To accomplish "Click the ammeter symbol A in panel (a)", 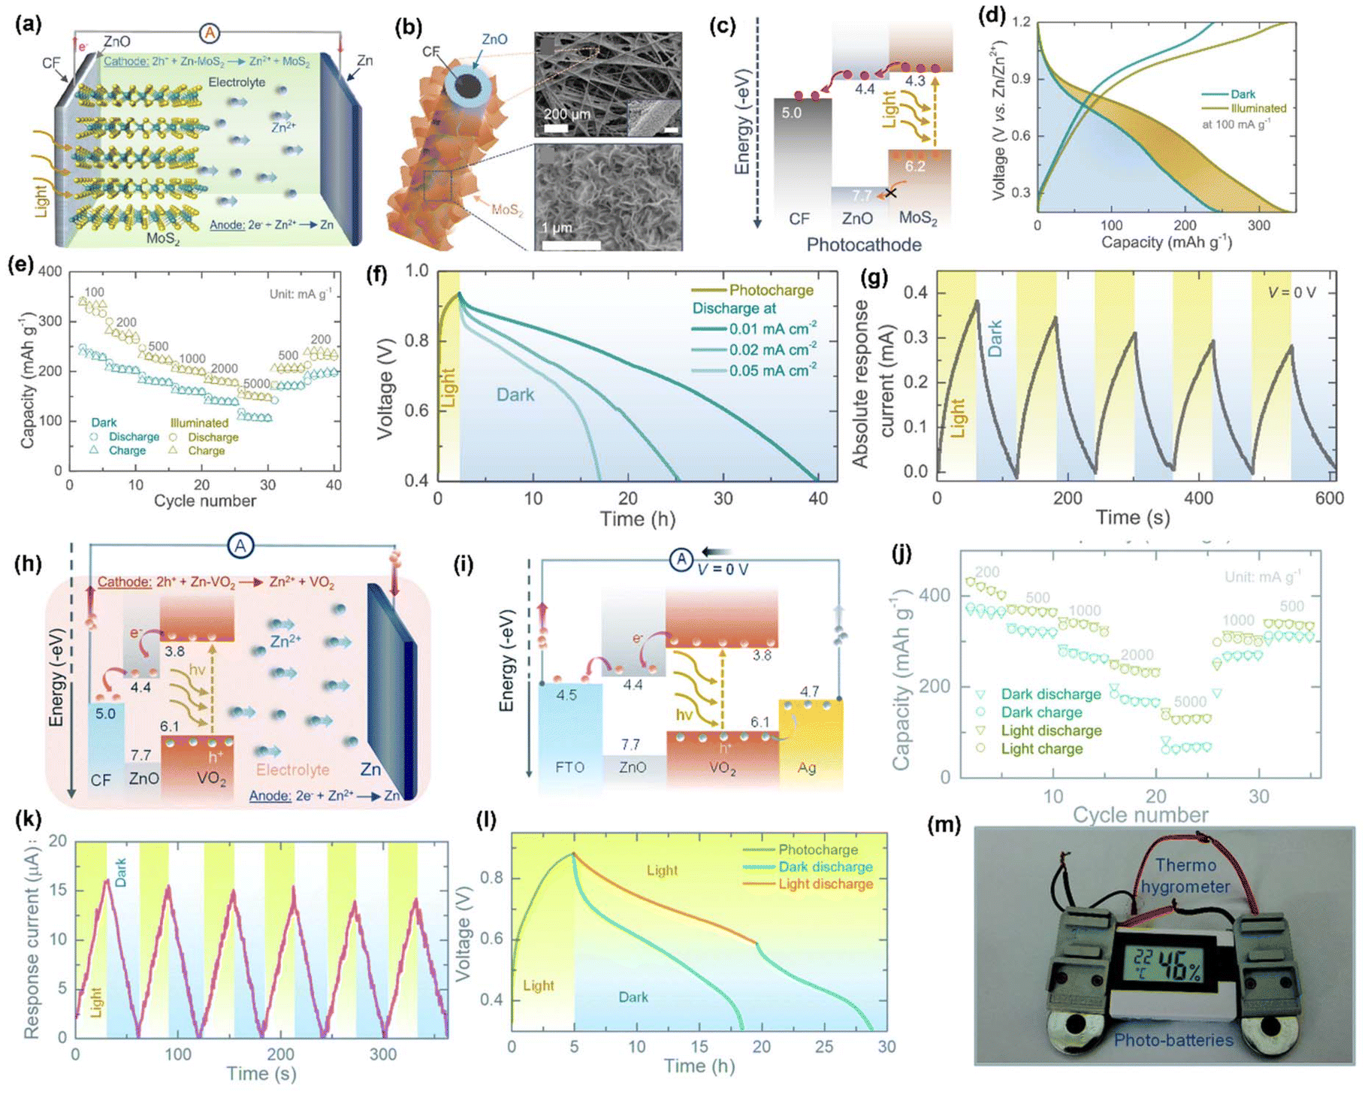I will point(210,33).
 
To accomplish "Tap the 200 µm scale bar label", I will point(567,114).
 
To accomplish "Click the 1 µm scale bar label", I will point(557,227).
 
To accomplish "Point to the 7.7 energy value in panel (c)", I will point(861,195).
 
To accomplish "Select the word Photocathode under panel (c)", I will point(863,244).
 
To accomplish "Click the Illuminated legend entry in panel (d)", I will point(1258,108).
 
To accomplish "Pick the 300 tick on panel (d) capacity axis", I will point(1258,225).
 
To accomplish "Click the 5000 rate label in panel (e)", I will point(256,383).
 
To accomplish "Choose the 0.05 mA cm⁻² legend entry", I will point(772,371).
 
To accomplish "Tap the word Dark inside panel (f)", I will point(515,394).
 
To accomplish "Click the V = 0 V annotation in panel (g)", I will point(1291,292).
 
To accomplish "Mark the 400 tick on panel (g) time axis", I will point(1198,498).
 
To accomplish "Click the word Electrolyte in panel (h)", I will point(292,770).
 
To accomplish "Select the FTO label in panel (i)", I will point(569,767).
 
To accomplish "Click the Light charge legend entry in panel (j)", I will point(1041,749).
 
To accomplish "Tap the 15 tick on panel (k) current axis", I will point(58,891).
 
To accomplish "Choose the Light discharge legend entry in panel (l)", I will point(825,884).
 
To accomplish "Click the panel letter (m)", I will point(944,824).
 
